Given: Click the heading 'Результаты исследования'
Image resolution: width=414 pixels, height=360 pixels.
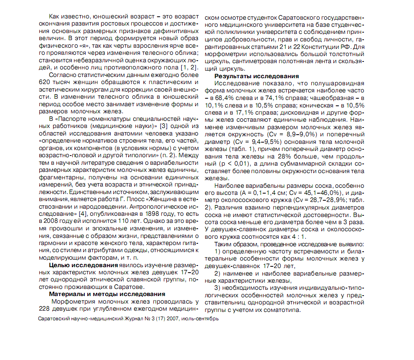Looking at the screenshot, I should (257, 76).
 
